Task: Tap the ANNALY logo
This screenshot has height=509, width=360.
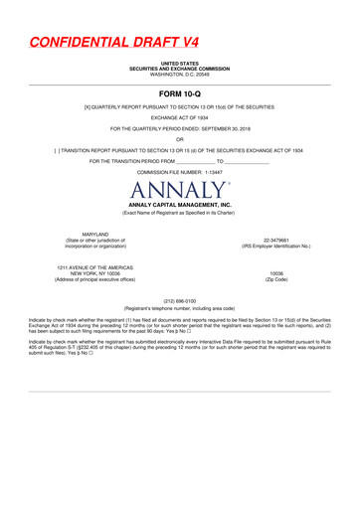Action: point(180,188)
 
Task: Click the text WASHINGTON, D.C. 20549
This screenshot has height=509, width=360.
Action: point(180,75)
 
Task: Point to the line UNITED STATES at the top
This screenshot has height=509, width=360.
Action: point(180,63)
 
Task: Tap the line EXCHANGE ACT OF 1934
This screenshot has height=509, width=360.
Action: point(180,115)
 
